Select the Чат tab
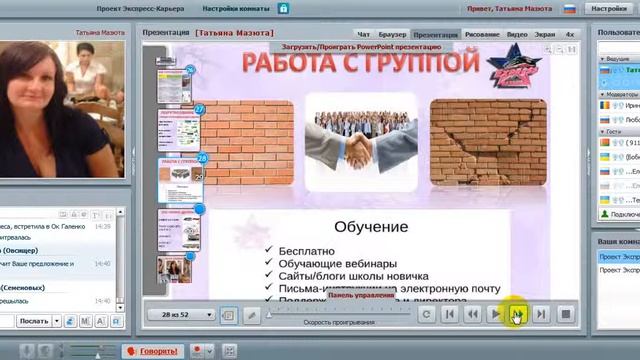point(363,34)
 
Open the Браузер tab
point(391,34)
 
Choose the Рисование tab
point(482,34)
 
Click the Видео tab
point(516,34)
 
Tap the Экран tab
point(544,34)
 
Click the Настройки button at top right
point(609,8)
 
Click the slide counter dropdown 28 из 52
point(187,314)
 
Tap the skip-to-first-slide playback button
point(450,314)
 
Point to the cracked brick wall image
point(488,141)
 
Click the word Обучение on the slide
point(370,227)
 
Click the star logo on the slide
point(513,67)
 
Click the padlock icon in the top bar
point(283,8)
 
